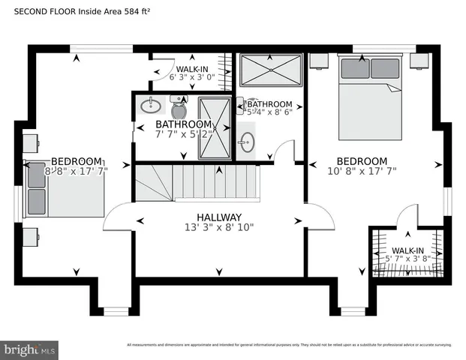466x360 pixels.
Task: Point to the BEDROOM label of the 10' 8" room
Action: pos(362,161)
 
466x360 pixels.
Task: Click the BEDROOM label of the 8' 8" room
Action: pos(77,161)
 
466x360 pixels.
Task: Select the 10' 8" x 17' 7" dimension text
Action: pos(362,171)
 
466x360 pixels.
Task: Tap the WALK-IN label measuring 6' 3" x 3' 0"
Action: pos(193,68)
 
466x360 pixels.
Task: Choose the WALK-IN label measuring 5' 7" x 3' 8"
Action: pos(407,250)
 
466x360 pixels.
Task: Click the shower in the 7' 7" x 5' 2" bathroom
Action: pos(215,127)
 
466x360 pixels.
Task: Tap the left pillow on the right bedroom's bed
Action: pos(354,68)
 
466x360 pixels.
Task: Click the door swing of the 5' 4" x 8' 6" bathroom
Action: pos(284,150)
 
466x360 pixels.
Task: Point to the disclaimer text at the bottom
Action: pos(289,345)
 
